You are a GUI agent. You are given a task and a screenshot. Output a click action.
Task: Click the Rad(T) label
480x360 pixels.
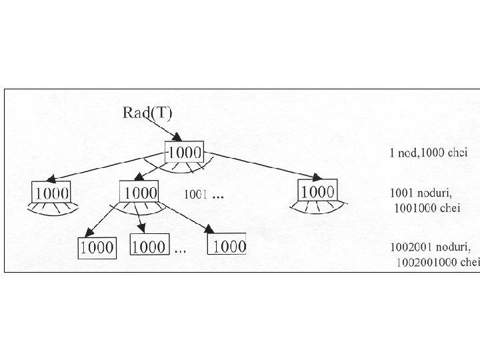pyautogui.click(x=147, y=112)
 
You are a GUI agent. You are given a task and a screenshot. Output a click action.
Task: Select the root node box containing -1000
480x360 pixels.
pyautogui.click(x=184, y=152)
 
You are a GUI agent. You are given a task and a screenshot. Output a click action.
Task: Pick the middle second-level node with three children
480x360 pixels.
pyautogui.click(x=139, y=192)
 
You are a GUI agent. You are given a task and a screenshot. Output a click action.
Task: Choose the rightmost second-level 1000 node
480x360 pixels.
pyautogui.click(x=317, y=191)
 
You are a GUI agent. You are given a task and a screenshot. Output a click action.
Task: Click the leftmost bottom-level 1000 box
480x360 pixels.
pyautogui.click(x=97, y=248)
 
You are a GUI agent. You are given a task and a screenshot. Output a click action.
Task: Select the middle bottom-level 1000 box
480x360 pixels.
pyautogui.click(x=149, y=247)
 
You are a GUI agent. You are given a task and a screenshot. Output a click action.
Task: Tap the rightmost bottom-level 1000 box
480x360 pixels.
pyautogui.click(x=227, y=245)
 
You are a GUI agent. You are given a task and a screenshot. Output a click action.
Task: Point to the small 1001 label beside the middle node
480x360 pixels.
pyautogui.click(x=195, y=195)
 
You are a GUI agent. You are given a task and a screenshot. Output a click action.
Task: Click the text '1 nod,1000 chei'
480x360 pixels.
pyautogui.click(x=428, y=153)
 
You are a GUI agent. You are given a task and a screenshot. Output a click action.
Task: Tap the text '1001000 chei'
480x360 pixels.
pyautogui.click(x=427, y=208)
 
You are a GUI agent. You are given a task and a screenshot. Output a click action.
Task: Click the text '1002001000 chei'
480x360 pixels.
pyautogui.click(x=437, y=262)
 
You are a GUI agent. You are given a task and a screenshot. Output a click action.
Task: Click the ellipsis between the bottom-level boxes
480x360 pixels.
pyautogui.click(x=180, y=251)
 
